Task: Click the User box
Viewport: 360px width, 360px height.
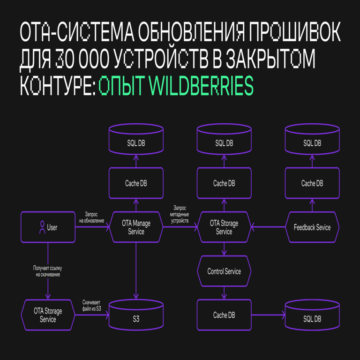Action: (48, 227)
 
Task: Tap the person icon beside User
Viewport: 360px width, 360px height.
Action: (42, 227)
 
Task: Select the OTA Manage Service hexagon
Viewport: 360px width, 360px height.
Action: (136, 227)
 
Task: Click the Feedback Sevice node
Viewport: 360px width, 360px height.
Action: (312, 227)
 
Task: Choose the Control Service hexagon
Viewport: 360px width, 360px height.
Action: (224, 271)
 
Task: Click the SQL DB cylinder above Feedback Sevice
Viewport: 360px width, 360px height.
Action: (312, 140)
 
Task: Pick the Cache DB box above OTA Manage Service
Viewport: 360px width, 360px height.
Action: (136, 183)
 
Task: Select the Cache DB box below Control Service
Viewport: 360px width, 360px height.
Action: (224, 315)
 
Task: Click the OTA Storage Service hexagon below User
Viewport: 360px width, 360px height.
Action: (48, 315)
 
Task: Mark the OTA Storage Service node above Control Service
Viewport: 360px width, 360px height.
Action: (224, 227)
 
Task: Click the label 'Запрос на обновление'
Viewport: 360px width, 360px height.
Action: (92, 217)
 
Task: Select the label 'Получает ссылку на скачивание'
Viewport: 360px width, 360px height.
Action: (47, 271)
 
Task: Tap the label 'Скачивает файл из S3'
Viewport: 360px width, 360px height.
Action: (92, 306)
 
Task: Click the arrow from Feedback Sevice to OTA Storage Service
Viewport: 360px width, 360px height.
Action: (268, 227)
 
